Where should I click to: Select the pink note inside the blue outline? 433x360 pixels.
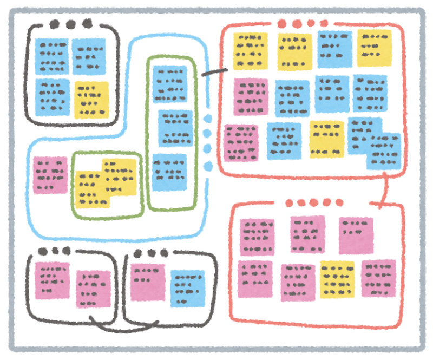click(50, 175)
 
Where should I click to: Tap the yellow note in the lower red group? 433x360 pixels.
click(337, 279)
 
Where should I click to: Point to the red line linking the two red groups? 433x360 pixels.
click(385, 190)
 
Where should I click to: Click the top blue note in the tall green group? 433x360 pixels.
click(169, 84)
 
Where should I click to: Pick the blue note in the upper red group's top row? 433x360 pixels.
click(334, 49)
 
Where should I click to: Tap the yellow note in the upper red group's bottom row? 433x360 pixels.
click(326, 139)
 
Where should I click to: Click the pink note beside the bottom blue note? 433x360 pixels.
click(147, 282)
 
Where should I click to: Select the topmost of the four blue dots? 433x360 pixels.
click(208, 119)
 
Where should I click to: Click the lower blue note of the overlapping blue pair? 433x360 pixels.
click(383, 152)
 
